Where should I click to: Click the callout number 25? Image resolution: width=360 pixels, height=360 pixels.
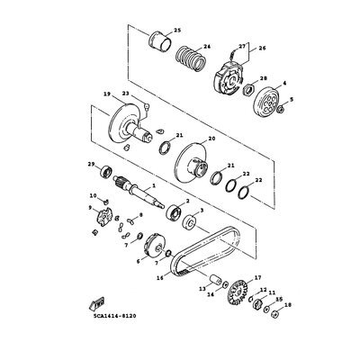176,31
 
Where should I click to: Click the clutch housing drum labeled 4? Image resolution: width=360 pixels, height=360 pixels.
265,103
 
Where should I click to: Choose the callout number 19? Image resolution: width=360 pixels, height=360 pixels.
106,94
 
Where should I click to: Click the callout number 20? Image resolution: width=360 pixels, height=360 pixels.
212,139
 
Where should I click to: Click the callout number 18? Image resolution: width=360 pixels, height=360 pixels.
288,306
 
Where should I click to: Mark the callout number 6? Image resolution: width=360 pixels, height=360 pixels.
139,261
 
